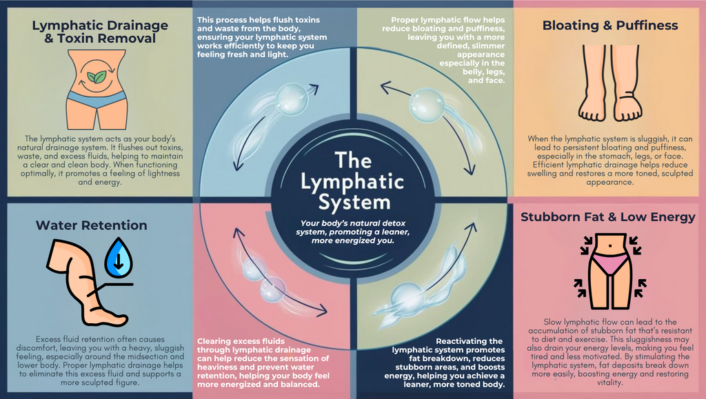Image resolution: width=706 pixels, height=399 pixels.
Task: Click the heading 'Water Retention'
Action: [x=91, y=225]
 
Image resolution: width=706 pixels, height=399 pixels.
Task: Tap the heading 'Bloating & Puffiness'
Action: [x=610, y=25]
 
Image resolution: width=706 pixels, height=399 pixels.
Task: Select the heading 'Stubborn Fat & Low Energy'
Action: [x=607, y=217]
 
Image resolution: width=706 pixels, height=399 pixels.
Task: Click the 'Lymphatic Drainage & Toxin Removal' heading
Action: [x=100, y=32]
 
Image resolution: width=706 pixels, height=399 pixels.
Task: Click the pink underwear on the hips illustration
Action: [x=610, y=262]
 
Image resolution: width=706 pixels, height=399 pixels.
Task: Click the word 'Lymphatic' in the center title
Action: [x=353, y=182]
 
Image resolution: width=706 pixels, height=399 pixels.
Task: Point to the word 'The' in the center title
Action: [x=353, y=160]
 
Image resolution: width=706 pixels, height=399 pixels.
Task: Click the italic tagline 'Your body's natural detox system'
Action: [x=353, y=232]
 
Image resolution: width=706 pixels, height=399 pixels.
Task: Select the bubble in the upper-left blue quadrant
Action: [x=288, y=98]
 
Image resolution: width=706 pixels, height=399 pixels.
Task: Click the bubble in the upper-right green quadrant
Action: [x=427, y=105]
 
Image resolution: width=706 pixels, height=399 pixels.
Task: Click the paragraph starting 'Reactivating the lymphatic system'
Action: [x=448, y=362]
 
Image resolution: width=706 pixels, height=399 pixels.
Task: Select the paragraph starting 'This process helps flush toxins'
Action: [x=262, y=37]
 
